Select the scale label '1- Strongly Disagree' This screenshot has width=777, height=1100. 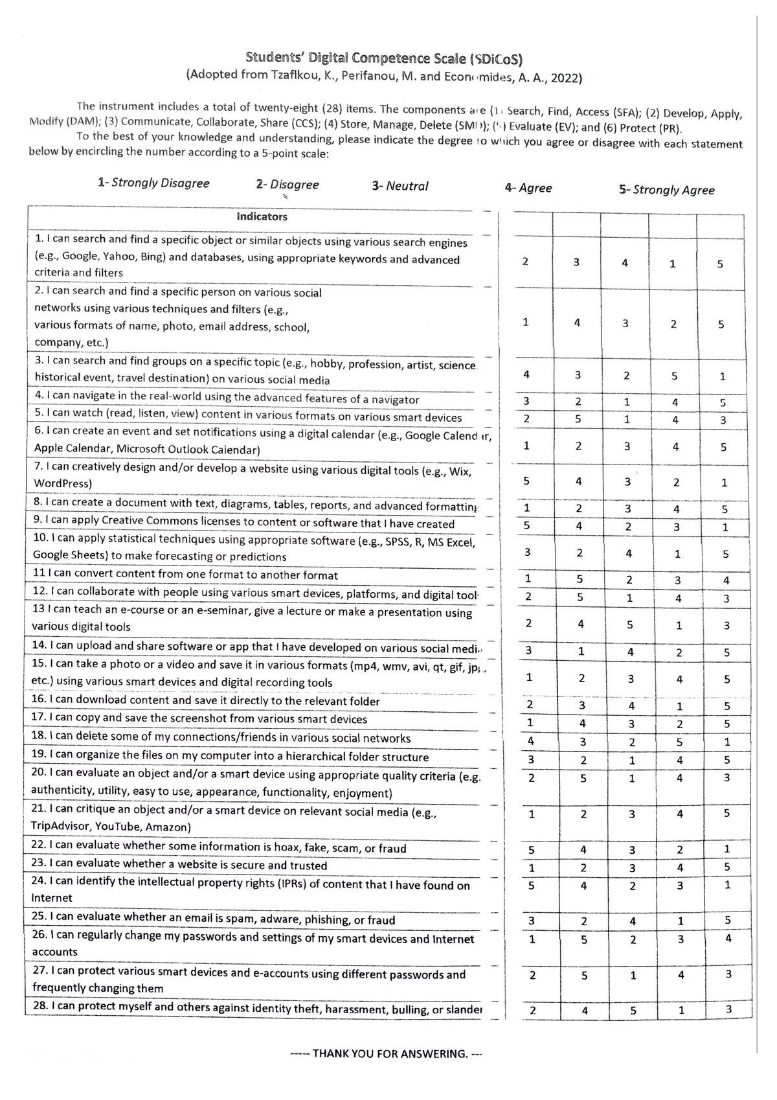pyautogui.click(x=153, y=183)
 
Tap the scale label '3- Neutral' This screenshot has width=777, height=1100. pyautogui.click(x=400, y=187)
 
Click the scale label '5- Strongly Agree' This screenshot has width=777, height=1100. pyautogui.click(x=666, y=190)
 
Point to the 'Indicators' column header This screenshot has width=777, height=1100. pyautogui.click(x=262, y=217)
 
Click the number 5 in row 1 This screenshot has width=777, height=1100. pyautogui.click(x=720, y=264)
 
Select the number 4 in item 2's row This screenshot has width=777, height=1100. pyautogui.click(x=576, y=323)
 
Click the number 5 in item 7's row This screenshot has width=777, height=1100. pyautogui.click(x=526, y=481)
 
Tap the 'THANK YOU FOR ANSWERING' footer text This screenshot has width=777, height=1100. pyautogui.click(x=387, y=1054)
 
